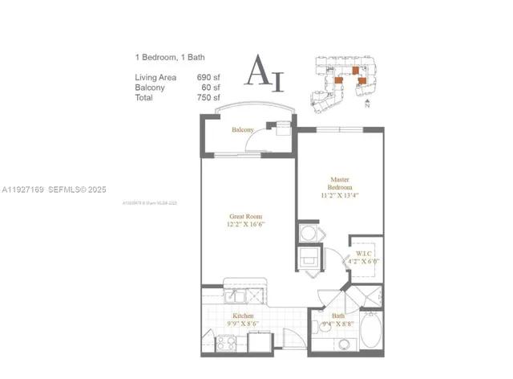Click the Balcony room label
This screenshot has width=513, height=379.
[x=243, y=130]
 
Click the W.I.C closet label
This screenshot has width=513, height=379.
[x=363, y=255]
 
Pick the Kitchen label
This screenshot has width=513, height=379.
[x=244, y=316]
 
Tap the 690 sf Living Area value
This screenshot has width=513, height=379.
[x=208, y=77]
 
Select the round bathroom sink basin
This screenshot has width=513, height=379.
[x=342, y=344]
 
